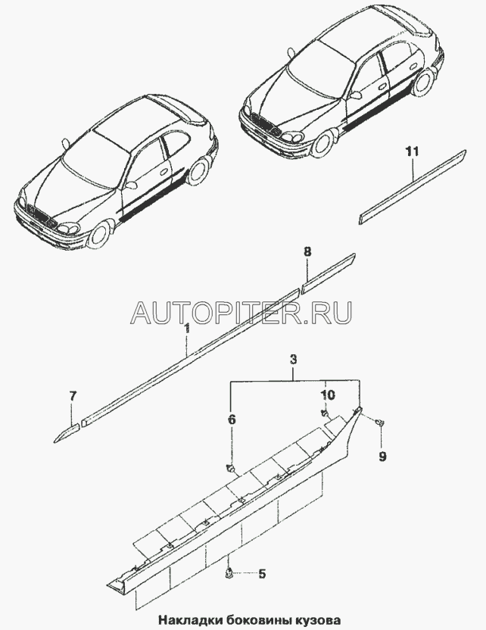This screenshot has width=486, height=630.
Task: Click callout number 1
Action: point(187,329)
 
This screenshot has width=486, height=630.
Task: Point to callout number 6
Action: point(232,417)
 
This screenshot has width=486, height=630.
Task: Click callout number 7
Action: point(73,397)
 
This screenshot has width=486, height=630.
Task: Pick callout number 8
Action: point(307,251)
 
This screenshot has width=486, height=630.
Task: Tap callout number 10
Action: point(326,396)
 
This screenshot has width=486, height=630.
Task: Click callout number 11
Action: point(410,153)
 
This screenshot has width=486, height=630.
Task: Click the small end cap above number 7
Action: point(66,429)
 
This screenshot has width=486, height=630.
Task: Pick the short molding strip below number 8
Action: point(328,272)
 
